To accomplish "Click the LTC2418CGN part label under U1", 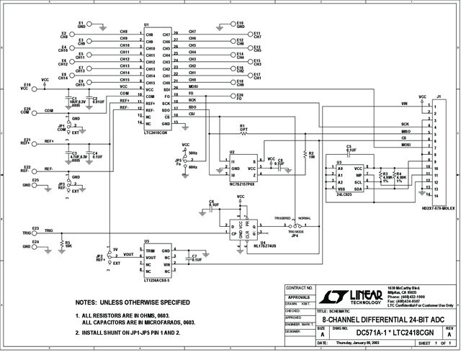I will point(158,132).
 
